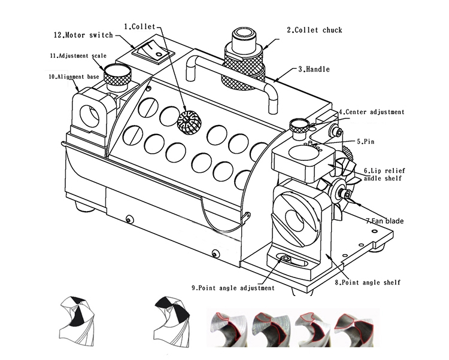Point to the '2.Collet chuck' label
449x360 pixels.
pyautogui.click(x=314, y=30)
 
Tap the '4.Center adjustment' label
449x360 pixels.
pyautogui.click(x=372, y=112)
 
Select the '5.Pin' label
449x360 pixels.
pyautogui.click(x=368, y=143)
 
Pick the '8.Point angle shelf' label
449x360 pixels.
pyautogui.click(x=367, y=282)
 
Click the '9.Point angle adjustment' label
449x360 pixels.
pyautogui.click(x=233, y=288)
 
